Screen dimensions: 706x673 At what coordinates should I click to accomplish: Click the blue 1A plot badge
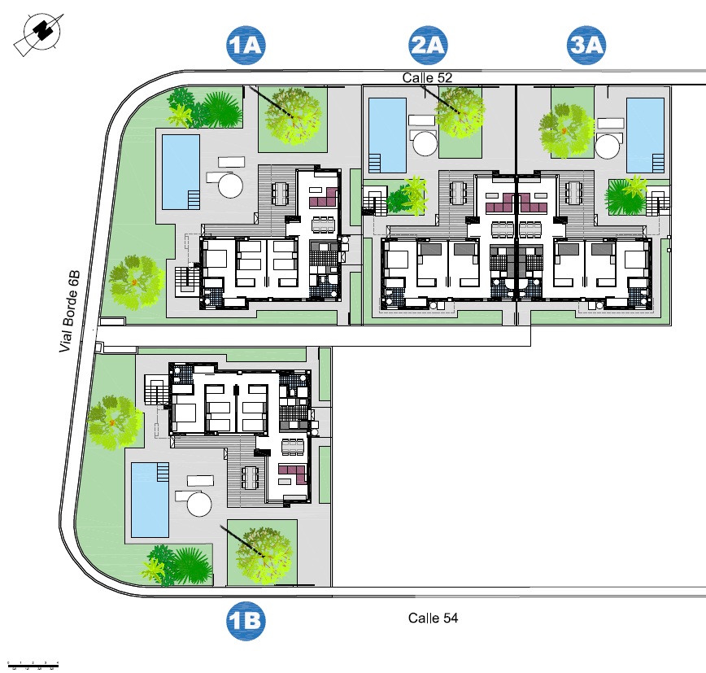tap(246, 45)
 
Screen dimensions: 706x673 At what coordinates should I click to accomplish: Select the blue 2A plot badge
tap(428, 45)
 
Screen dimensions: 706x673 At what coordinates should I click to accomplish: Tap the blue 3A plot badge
tap(586, 45)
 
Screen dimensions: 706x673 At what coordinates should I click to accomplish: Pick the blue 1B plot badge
tap(246, 621)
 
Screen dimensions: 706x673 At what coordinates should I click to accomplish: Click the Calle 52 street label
tap(427, 77)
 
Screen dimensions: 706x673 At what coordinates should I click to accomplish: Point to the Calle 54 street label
tap(434, 618)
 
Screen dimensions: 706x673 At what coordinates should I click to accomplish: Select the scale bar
tap(33, 665)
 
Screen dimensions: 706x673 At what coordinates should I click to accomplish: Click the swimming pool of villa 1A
tap(181, 172)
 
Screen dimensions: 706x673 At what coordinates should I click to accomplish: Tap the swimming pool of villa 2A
tap(388, 135)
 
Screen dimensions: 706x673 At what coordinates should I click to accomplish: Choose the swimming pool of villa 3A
tap(645, 135)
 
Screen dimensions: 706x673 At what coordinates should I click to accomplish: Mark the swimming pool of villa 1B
tap(150, 500)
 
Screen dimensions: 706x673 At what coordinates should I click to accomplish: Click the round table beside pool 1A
tap(230, 186)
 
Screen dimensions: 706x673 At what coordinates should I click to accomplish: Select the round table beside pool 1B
tap(199, 504)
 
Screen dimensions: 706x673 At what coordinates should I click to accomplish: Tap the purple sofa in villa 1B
tap(293, 474)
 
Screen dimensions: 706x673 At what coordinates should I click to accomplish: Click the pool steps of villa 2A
tap(375, 163)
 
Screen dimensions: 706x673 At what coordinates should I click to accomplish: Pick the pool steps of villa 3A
tap(658, 163)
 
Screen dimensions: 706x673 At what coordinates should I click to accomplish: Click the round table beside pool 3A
tap(608, 146)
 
